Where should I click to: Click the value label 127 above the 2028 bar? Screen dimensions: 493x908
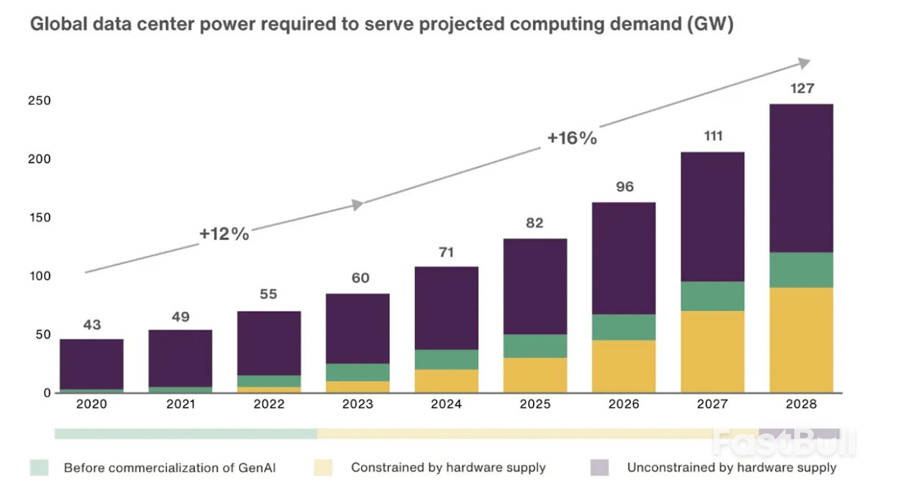coord(802,88)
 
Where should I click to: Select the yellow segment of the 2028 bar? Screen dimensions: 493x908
coord(802,340)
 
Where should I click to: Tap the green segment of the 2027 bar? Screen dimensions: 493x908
coord(712,296)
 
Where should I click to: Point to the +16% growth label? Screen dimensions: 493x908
coord(572,138)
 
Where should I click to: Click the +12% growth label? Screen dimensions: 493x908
coord(224,234)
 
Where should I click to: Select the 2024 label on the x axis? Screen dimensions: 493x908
coord(446,405)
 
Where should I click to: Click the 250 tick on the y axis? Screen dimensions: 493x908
coord(40,101)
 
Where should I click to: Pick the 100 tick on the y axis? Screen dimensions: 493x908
coord(40,276)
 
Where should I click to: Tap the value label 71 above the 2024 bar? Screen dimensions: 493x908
coord(446,252)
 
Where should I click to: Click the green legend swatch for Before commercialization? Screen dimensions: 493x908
coord(39,468)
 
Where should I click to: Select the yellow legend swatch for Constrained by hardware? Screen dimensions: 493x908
coord(323,468)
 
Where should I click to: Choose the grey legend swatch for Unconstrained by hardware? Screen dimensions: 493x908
coord(599,468)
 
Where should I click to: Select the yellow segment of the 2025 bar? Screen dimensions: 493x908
coord(535,375)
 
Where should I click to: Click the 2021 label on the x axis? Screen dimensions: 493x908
coord(181,405)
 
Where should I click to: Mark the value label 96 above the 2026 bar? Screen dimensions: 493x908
coord(625,187)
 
